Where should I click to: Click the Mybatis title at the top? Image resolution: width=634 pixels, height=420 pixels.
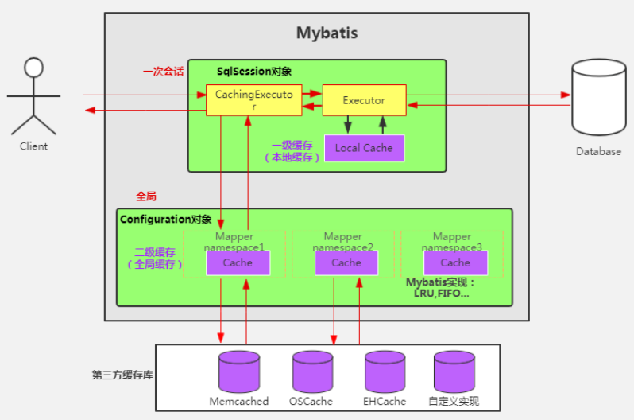click(x=327, y=33)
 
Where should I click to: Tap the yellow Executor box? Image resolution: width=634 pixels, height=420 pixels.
click(x=364, y=100)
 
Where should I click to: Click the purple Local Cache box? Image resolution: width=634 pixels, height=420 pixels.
click(x=363, y=148)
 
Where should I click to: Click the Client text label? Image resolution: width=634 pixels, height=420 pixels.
click(x=33, y=146)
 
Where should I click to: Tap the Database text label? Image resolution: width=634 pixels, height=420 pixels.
click(x=598, y=151)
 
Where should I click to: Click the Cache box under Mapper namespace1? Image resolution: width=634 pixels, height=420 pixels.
click(x=238, y=262)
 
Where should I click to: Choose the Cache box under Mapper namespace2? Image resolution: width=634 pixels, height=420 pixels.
click(x=346, y=262)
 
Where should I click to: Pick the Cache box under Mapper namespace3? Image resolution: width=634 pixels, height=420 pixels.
click(x=455, y=262)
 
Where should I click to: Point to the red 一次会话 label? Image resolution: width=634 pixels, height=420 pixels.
click(x=163, y=71)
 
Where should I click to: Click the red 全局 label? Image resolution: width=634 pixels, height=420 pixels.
click(x=147, y=196)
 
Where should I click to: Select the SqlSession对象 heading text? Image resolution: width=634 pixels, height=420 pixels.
click(x=254, y=72)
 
